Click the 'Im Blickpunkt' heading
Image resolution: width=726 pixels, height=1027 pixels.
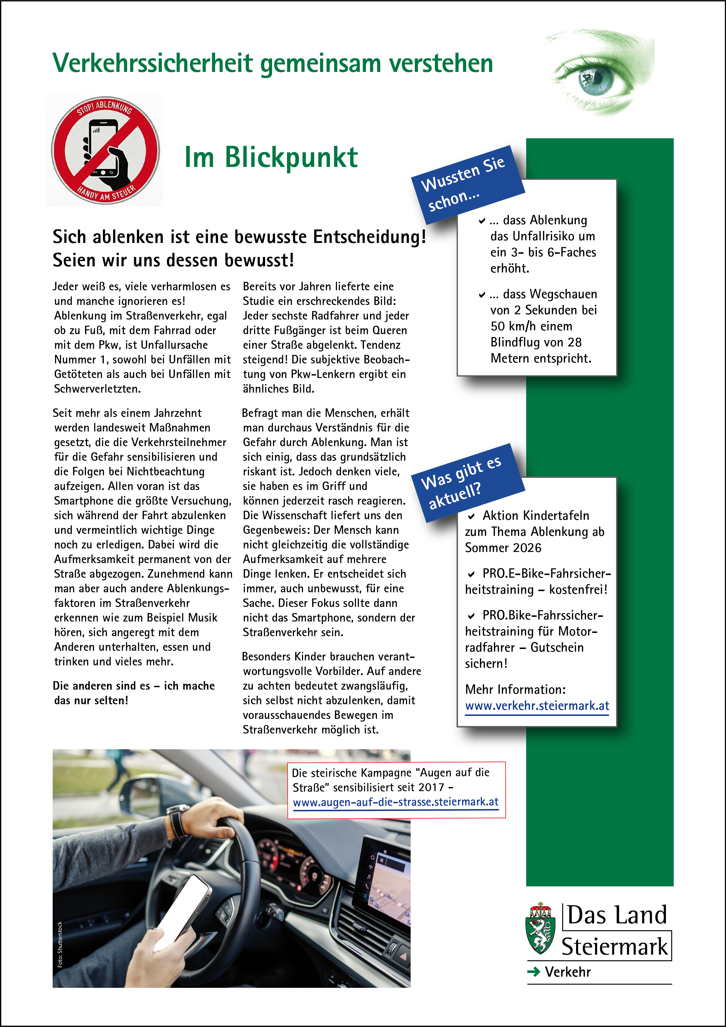pos(271,158)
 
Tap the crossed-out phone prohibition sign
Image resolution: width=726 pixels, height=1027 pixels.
pos(106,150)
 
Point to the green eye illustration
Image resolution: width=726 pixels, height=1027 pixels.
pos(599,74)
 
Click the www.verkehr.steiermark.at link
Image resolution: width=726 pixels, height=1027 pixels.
pos(537,706)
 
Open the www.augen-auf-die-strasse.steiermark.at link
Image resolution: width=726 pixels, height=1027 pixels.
pos(395,802)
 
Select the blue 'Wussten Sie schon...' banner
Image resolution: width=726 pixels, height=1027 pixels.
pos(467,184)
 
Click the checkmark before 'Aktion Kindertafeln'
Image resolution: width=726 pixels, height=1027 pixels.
pos(471,516)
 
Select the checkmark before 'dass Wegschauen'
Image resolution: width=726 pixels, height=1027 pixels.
pos(482,295)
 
